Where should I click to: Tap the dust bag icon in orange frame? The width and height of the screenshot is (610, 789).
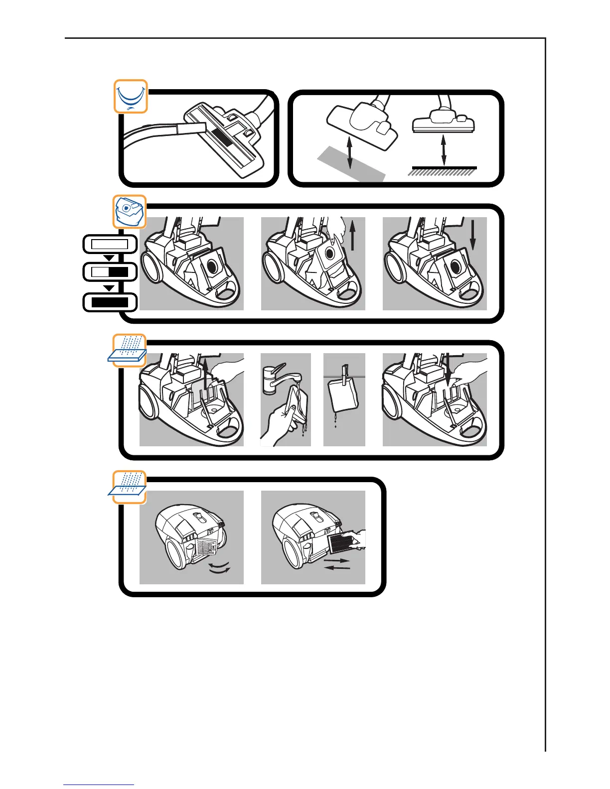tap(130, 211)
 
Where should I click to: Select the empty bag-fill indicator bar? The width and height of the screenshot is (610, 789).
tap(110, 245)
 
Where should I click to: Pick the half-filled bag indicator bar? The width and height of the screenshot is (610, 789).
tap(110, 272)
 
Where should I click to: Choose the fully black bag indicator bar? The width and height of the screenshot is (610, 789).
tap(110, 302)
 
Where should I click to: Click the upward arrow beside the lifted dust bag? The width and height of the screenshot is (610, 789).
tap(353, 234)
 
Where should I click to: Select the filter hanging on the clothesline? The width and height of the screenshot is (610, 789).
tap(344, 398)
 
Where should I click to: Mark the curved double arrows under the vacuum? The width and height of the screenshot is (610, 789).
tap(220, 568)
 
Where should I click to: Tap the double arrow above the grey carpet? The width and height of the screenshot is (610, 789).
tap(350, 153)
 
